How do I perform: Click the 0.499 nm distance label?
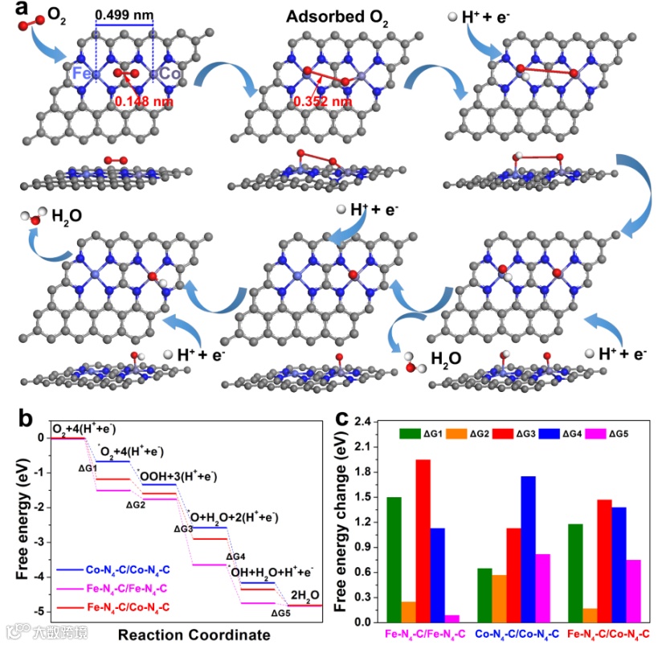click(x=125, y=15)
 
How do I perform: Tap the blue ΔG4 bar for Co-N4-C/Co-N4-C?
click(x=528, y=549)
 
